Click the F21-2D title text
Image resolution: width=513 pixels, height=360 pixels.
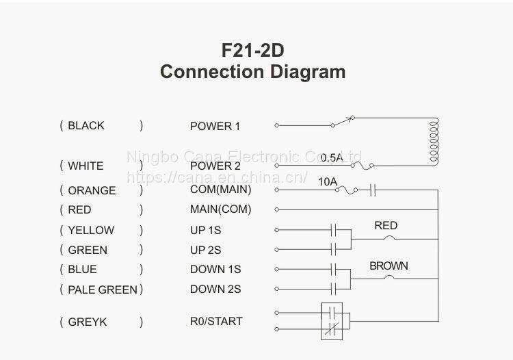point(252,50)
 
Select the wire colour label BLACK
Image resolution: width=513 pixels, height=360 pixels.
point(86,125)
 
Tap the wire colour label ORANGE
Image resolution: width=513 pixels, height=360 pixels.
point(92,190)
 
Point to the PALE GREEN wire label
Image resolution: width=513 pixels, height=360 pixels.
point(103,290)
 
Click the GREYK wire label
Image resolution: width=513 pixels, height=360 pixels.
point(88,322)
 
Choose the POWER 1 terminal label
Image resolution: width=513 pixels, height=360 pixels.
point(215,126)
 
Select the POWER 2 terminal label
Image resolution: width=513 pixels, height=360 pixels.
point(215,166)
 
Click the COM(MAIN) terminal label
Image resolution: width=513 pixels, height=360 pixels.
point(220,190)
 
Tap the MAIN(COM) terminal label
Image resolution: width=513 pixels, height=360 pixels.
point(220,209)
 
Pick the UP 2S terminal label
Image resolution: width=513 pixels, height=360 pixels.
point(206,250)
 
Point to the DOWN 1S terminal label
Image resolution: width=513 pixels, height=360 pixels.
point(215,270)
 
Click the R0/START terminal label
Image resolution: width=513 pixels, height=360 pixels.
point(216,321)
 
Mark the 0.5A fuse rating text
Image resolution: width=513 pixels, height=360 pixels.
point(332,157)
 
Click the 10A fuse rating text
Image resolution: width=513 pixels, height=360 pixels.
point(328,181)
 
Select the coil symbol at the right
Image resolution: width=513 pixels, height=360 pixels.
point(433,141)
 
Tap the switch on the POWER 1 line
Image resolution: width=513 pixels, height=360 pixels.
point(343,122)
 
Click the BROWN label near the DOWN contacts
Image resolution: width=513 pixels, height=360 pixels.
point(389,266)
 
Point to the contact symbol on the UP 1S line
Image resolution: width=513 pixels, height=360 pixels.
point(335,229)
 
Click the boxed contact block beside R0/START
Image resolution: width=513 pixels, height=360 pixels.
point(335,321)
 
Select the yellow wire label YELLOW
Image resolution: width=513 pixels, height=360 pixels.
point(91,230)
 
